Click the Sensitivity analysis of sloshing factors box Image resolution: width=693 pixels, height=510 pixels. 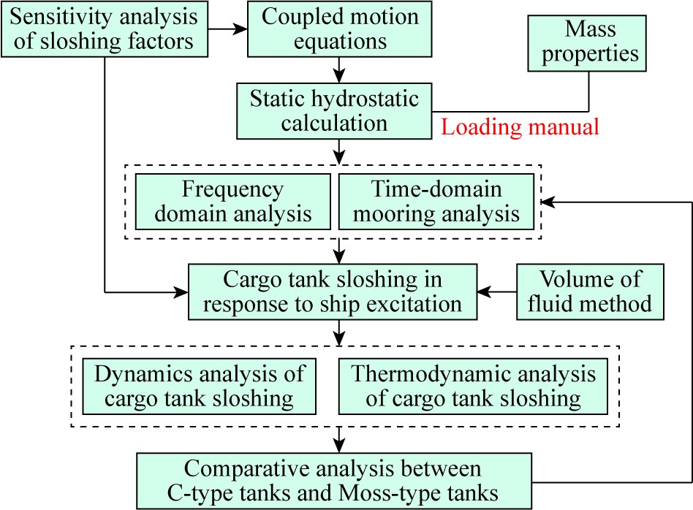click(x=105, y=29)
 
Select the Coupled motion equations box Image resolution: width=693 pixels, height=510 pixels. click(x=339, y=29)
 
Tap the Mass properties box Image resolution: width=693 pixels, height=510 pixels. click(x=587, y=43)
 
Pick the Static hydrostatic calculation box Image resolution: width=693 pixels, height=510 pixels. click(x=334, y=111)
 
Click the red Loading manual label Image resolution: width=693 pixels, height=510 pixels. click(x=520, y=127)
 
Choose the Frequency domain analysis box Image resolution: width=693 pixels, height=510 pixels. click(x=233, y=202)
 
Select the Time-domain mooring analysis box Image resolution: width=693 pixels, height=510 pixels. click(x=436, y=202)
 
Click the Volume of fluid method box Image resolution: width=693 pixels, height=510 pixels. click(x=591, y=292)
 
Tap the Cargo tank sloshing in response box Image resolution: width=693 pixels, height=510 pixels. click(x=333, y=292)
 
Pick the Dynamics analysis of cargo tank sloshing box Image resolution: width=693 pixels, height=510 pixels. click(x=200, y=387)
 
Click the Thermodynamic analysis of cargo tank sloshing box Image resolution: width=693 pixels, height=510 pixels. click(x=474, y=387)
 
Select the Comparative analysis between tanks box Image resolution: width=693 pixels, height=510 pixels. click(x=334, y=481)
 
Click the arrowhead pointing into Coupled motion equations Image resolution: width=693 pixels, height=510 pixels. click(x=241, y=29)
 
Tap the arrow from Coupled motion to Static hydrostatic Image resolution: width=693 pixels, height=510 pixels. click(x=339, y=70)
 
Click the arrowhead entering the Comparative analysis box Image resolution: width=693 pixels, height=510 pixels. click(x=339, y=446)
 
